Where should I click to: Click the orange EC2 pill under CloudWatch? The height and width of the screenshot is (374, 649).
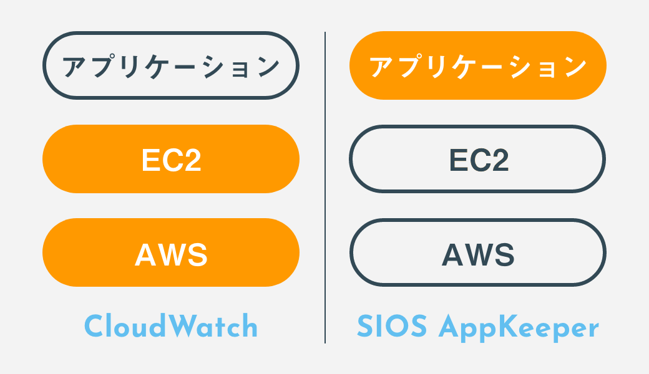coord(171,159)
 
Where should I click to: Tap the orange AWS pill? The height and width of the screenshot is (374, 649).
coord(171,252)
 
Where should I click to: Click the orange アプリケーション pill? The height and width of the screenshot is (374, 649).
coord(477,65)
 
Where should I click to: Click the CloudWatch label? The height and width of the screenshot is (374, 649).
coord(171,326)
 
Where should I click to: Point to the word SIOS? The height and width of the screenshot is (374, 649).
coord(391,326)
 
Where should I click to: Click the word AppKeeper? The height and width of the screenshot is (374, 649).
coord(519,328)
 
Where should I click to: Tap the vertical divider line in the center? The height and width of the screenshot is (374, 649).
coord(325,187)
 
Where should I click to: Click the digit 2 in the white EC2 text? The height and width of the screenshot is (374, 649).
coord(192,160)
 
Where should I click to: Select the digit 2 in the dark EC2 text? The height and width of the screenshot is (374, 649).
coord(500,160)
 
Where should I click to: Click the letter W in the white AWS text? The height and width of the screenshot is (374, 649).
coord(171,254)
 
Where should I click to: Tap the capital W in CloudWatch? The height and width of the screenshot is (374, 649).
coord(180,325)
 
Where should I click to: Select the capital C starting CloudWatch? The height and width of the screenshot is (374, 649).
coord(94,326)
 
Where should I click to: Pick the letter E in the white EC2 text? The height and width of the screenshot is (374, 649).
coord(150,160)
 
